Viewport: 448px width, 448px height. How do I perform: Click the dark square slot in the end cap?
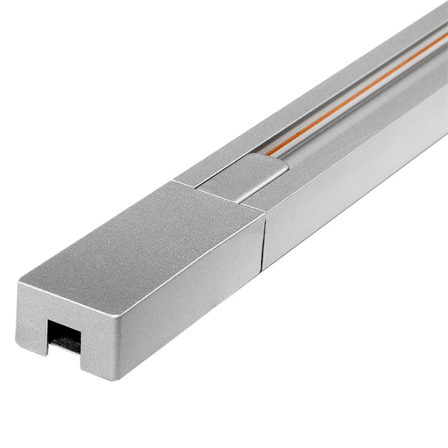[x=63, y=335]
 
